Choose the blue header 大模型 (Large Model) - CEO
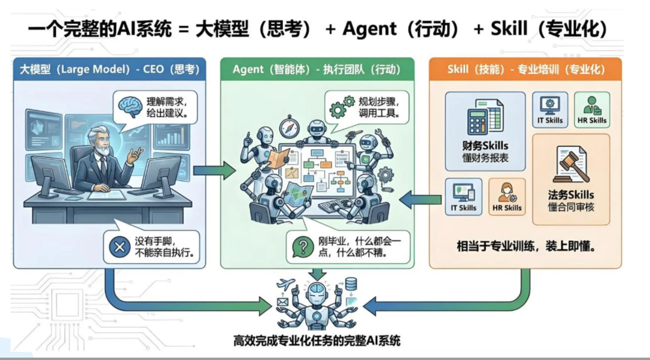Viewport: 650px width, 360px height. (x=109, y=70)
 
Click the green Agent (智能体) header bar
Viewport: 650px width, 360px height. (x=317, y=70)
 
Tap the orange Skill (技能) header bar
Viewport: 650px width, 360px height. (x=525, y=70)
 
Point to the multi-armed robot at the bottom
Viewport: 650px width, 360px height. (x=317, y=301)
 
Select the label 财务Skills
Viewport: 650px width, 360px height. (x=485, y=145)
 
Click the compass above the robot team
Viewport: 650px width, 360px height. (x=289, y=128)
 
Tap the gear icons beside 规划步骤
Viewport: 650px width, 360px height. (x=341, y=107)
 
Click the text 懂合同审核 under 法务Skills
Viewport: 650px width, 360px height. (x=571, y=207)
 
